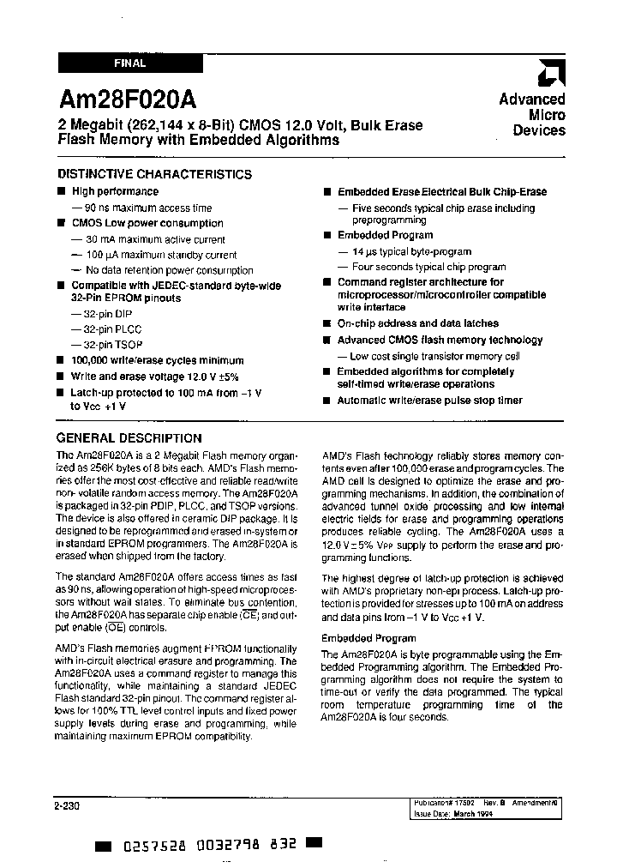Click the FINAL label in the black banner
point(129,63)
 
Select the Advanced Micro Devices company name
point(532,115)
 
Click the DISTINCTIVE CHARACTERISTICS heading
point(154,174)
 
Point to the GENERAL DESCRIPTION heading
point(129,437)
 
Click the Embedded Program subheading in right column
point(368,638)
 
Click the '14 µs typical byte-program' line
point(411,251)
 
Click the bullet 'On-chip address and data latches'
point(417,323)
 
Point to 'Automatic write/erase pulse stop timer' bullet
point(429,401)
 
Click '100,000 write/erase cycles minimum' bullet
point(157,361)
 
